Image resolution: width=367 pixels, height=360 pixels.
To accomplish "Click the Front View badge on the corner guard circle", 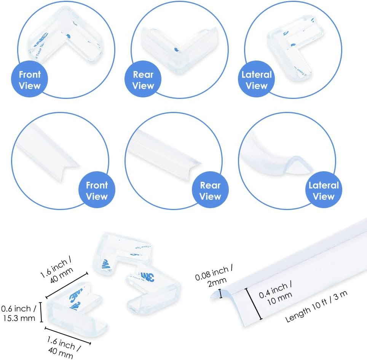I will click(30, 80).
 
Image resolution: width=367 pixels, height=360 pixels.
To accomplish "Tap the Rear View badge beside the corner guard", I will click(143, 80).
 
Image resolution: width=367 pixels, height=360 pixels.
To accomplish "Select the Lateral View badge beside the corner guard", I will click(257, 80).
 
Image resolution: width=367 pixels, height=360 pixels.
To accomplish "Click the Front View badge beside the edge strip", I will click(97, 191).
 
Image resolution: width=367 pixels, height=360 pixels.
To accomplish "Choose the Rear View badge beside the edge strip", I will click(210, 191).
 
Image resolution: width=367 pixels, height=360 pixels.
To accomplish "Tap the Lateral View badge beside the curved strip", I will click(324, 191).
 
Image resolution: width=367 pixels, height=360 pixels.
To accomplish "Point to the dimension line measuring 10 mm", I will click(254, 304).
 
